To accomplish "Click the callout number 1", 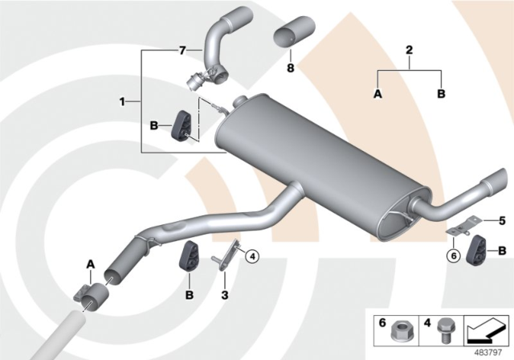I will coord(122,102).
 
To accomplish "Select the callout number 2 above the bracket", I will coord(409,50).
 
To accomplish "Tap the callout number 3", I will coord(226,296).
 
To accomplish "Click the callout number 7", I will coord(182,50).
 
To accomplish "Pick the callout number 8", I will coord(292,69).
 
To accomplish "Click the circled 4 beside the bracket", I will coord(251,257).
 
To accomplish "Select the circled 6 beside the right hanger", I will coord(455,256).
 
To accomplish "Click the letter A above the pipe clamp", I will coord(91,262).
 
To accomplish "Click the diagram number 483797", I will coord(488,351).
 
